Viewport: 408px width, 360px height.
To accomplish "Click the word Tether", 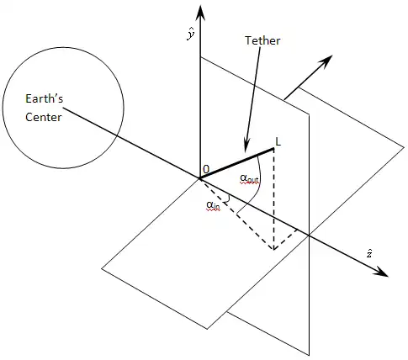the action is [x=262, y=40].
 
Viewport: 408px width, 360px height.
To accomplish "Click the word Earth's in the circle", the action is [x=45, y=98].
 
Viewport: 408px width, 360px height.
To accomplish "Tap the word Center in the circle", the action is [x=44, y=117].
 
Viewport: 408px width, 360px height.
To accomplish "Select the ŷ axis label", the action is [x=191, y=34].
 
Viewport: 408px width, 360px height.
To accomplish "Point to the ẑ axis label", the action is [x=369, y=253].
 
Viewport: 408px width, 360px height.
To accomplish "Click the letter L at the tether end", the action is [x=278, y=142].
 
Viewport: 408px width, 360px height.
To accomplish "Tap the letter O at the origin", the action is [x=206, y=169].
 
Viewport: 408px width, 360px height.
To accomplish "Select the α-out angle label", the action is [x=249, y=178].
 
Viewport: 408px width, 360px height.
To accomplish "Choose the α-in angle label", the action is [x=213, y=205].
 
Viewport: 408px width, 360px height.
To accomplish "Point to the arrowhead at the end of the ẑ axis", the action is [x=381, y=273].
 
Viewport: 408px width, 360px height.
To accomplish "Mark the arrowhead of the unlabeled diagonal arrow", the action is [x=326, y=61].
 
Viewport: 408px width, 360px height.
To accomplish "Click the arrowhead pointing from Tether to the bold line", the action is [x=246, y=146].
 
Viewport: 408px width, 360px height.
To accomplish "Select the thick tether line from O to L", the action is [x=236, y=163].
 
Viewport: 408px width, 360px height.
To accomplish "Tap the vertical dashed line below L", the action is [x=273, y=199].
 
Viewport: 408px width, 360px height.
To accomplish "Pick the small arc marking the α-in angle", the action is [x=229, y=199].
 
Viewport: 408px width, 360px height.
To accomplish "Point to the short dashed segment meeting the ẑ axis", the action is [x=285, y=240].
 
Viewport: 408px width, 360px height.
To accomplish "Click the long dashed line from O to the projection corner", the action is [x=236, y=214].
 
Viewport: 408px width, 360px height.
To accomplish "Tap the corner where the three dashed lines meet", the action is [x=273, y=249].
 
